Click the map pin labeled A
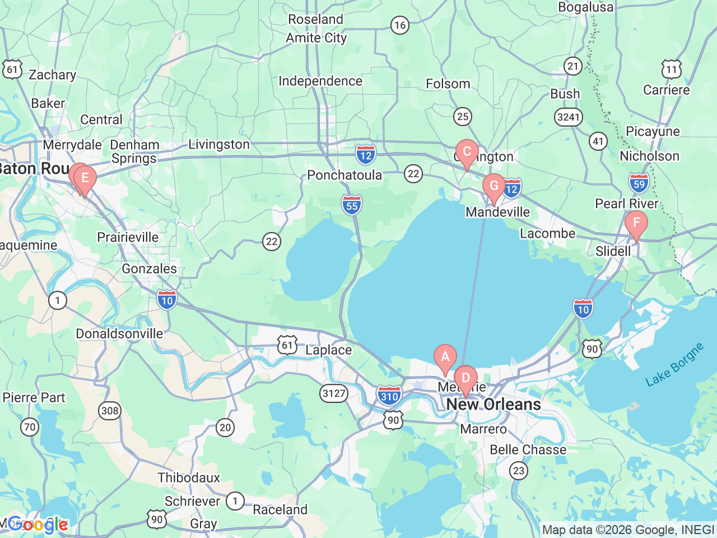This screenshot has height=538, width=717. pyautogui.click(x=445, y=358)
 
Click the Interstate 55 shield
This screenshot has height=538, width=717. pyautogui.click(x=351, y=206)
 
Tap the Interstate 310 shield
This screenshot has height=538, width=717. pyautogui.click(x=389, y=396)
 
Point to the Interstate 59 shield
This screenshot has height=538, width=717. pyautogui.click(x=639, y=183)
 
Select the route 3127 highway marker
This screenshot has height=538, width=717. pyautogui.click(x=334, y=393)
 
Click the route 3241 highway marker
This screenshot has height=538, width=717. pyautogui.click(x=569, y=117)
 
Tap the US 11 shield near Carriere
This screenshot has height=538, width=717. pyautogui.click(x=672, y=70)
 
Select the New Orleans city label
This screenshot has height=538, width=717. pyautogui.click(x=493, y=405)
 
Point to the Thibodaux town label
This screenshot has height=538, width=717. pyautogui.click(x=189, y=477)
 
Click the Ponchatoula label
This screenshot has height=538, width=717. pyautogui.click(x=344, y=175)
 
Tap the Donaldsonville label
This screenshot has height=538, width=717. pyautogui.click(x=119, y=334)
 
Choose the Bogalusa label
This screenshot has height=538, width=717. pyautogui.click(x=585, y=7)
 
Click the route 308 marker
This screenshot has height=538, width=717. pyautogui.click(x=110, y=411)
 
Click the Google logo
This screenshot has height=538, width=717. pyautogui.click(x=38, y=525)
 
